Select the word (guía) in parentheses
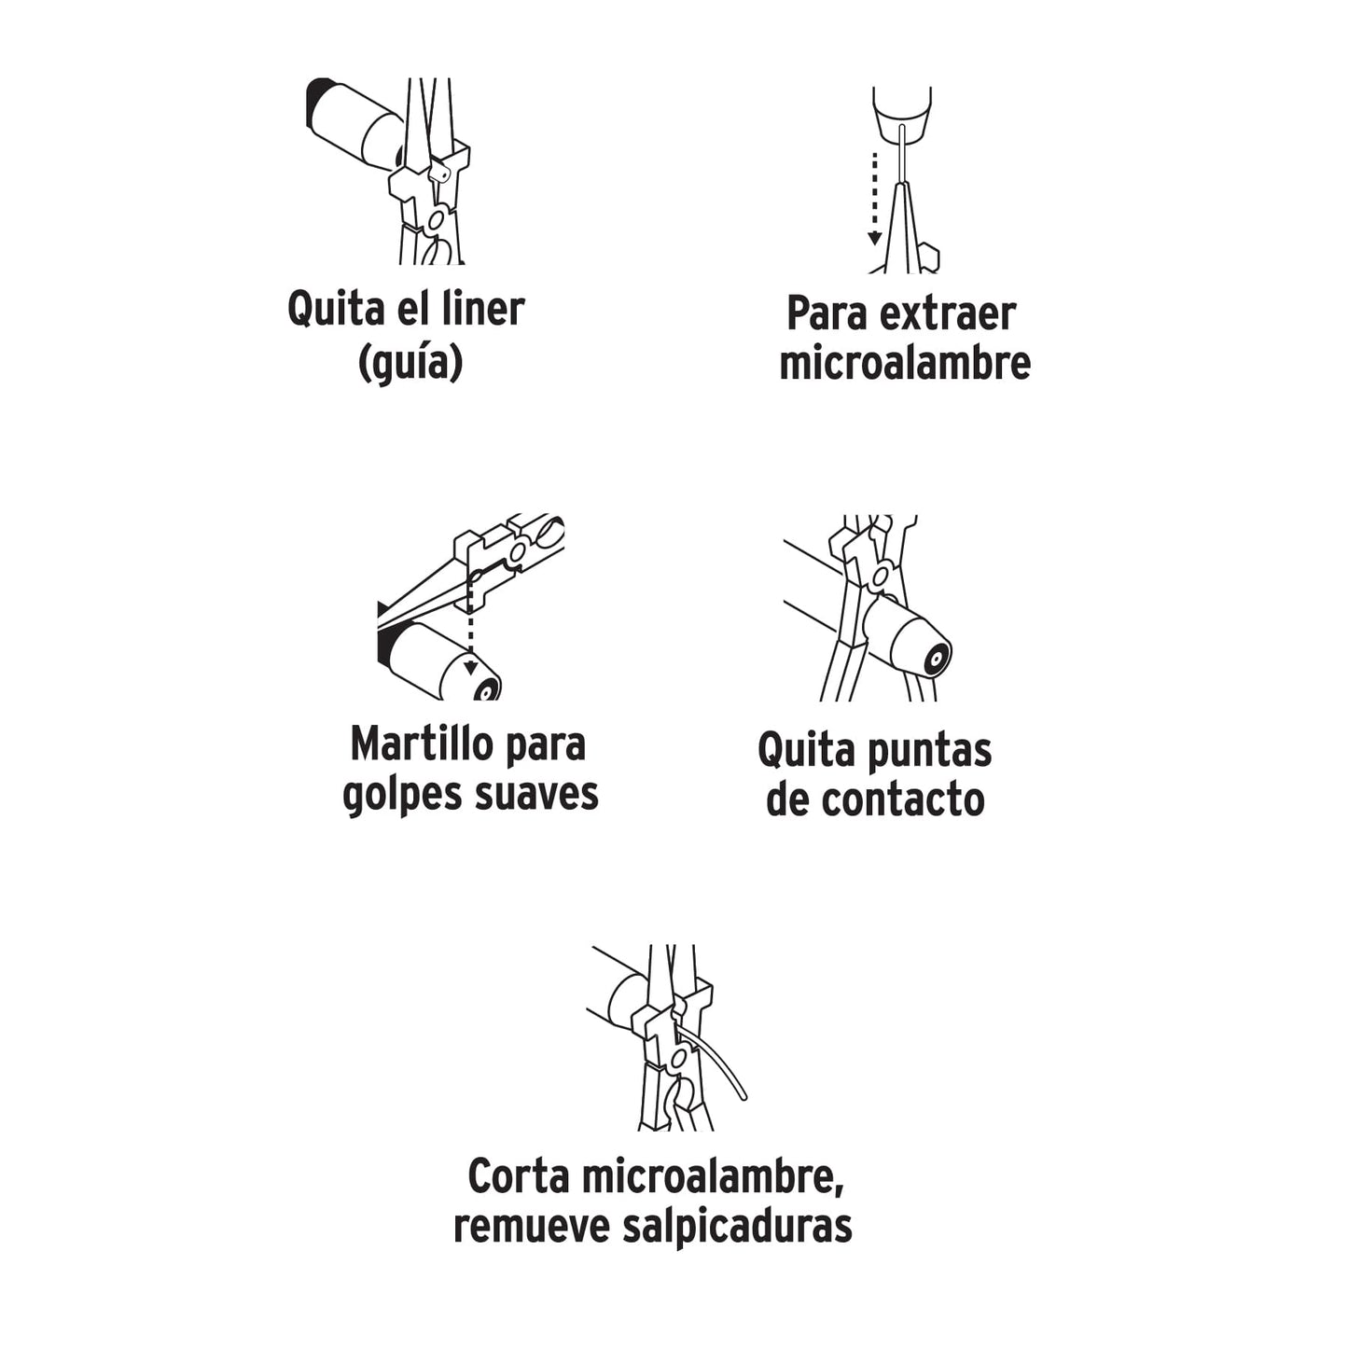[x=410, y=362]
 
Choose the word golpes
[x=403, y=795]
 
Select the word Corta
[x=518, y=1176]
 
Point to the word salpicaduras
[x=737, y=1227]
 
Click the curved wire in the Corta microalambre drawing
[x=723, y=1063]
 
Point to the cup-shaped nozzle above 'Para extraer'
[x=902, y=117]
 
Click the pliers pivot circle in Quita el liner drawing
[x=435, y=221]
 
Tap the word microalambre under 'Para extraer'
[x=905, y=364]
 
